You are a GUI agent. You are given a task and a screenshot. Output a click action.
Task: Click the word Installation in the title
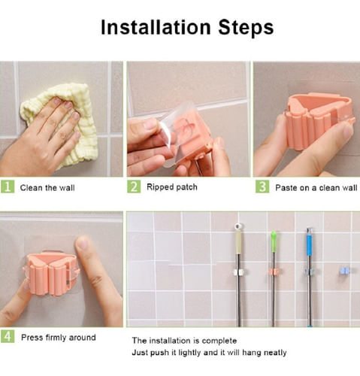click(x=156, y=27)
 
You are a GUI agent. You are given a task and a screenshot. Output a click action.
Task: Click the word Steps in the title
click(x=246, y=27)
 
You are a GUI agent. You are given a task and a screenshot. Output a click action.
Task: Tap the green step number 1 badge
click(x=8, y=186)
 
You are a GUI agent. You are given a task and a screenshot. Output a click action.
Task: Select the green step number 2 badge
click(x=134, y=186)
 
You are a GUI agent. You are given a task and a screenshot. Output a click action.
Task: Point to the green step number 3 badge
click(x=262, y=186)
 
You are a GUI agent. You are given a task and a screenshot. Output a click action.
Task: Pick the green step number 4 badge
click(x=8, y=336)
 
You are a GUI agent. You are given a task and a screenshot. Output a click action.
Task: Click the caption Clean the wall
click(x=47, y=188)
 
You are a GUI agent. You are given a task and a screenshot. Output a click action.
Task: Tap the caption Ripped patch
click(x=172, y=187)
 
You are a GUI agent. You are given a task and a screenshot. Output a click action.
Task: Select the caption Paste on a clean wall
click(x=316, y=188)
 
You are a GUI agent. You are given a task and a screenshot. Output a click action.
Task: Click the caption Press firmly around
click(x=59, y=338)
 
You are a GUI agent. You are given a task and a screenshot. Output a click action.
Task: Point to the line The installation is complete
click(x=184, y=341)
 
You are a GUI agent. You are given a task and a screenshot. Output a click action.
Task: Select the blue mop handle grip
click(x=310, y=245)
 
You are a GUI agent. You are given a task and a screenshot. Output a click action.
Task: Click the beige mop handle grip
click(x=238, y=242)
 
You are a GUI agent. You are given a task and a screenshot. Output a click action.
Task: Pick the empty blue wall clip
click(x=345, y=271)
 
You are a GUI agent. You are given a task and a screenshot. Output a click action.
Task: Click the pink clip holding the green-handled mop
click(x=274, y=271)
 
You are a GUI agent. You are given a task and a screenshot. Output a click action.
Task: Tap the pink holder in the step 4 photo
click(x=50, y=273)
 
